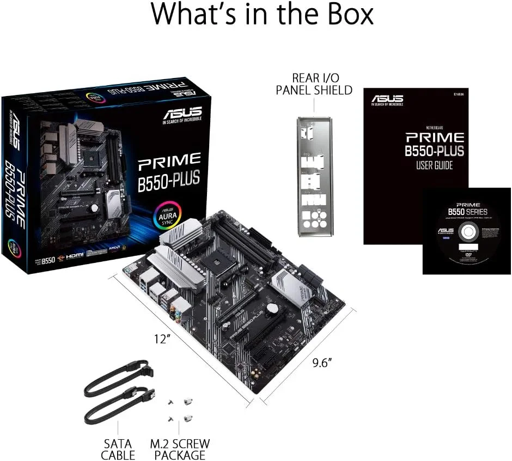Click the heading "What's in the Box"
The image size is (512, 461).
[x=262, y=15]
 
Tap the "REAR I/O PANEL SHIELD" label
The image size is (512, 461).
[x=314, y=84]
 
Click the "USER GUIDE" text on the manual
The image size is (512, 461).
[x=434, y=165]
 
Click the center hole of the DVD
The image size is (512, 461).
[x=467, y=232]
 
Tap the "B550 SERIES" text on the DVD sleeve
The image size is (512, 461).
[x=467, y=211]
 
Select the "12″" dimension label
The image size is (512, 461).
[x=162, y=338]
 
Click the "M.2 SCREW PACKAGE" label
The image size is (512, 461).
[x=180, y=448]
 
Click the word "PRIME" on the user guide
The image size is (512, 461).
[x=434, y=136]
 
